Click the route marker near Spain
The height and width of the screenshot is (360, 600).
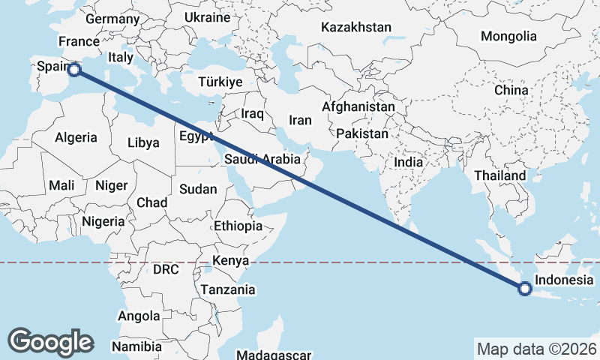(x=74, y=70)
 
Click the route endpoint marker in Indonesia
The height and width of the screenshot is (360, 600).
(x=525, y=288)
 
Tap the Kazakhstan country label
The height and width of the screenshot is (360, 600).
(x=356, y=28)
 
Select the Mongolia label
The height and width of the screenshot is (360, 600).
(x=509, y=36)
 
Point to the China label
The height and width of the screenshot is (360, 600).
(x=511, y=90)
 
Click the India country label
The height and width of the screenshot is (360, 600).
(x=409, y=162)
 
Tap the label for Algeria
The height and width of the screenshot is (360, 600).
(x=76, y=137)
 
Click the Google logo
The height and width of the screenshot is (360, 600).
(x=50, y=342)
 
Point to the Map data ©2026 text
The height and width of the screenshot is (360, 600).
(x=536, y=349)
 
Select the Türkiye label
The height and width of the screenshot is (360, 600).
(x=220, y=82)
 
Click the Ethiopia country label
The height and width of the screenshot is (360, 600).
(x=238, y=226)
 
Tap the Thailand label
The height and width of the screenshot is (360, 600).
(x=500, y=175)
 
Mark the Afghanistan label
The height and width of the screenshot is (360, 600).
(x=358, y=107)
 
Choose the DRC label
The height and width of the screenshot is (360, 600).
(x=165, y=269)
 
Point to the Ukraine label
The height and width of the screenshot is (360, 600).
(x=207, y=17)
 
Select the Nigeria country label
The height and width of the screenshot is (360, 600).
(x=102, y=221)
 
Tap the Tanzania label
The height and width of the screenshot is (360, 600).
(x=228, y=289)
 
